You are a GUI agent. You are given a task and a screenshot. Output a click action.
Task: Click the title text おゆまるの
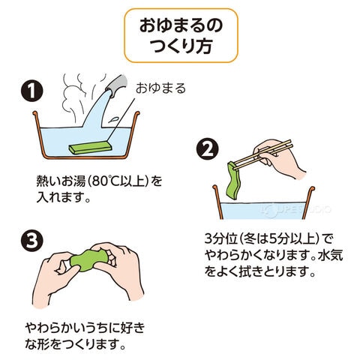(181, 25)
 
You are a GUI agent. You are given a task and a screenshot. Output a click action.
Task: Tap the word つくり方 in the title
(181, 46)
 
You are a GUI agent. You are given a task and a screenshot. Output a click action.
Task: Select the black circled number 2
(207, 150)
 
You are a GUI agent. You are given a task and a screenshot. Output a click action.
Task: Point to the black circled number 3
(31, 240)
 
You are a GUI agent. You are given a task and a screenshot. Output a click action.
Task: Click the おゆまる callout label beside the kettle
(160, 88)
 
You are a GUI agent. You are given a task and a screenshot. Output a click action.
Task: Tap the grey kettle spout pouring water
(116, 85)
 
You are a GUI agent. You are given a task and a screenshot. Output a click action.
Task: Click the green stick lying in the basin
(90, 148)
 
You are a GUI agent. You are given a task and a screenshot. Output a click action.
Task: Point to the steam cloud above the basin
(75, 97)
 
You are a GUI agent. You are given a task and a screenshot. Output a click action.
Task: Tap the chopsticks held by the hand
(262, 154)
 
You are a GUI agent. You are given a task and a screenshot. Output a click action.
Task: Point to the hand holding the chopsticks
(277, 157)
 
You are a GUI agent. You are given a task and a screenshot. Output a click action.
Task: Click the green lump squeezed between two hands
(88, 260)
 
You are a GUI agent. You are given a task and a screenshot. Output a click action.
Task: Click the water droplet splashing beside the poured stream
(113, 119)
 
